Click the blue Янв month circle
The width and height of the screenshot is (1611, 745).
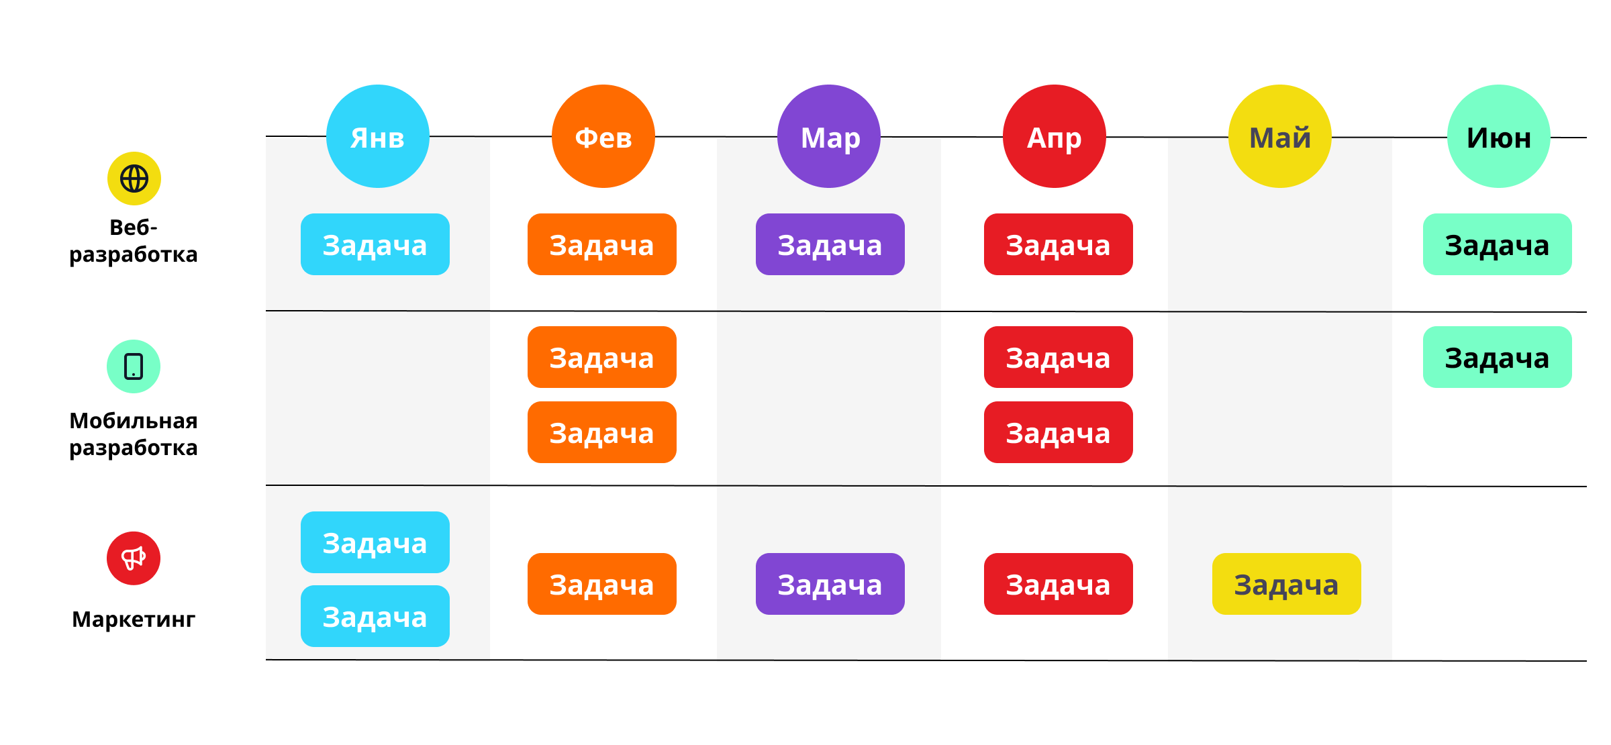point(377,136)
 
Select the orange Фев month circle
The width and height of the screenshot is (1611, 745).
point(603,136)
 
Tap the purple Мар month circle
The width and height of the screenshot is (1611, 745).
point(828,136)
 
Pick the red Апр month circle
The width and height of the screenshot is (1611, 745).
point(1054,136)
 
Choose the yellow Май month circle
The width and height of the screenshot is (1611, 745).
point(1279,136)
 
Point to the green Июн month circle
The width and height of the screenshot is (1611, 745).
point(1498,136)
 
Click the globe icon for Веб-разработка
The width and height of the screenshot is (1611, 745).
point(134,179)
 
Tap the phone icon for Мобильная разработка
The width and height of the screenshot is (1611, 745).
point(134,366)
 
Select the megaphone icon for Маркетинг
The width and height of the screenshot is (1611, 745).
point(134,558)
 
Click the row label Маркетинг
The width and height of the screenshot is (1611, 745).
point(134,619)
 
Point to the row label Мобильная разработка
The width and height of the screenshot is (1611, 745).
point(134,434)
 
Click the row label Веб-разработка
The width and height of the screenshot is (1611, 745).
point(134,241)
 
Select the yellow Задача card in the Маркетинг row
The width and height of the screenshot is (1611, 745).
point(1286,584)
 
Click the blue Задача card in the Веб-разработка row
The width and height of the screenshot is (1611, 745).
point(375,244)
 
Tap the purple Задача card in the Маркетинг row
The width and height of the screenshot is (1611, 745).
point(830,584)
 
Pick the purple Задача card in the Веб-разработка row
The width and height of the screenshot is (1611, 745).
point(830,244)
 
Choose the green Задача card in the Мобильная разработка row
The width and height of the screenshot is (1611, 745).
point(1497,357)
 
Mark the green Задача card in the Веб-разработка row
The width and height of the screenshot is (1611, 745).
point(1497,244)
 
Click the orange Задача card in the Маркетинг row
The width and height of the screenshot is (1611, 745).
point(601,584)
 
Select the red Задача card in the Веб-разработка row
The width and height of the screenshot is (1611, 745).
point(1058,244)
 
